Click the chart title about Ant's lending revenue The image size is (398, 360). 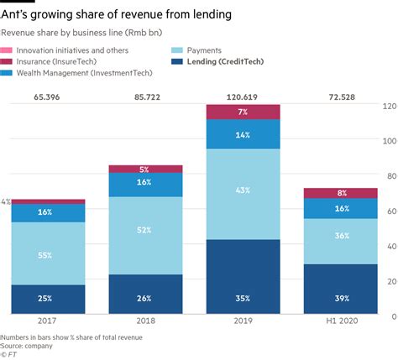118,14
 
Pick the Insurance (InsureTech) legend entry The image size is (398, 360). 51,62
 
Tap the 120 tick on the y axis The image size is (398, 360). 385,107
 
